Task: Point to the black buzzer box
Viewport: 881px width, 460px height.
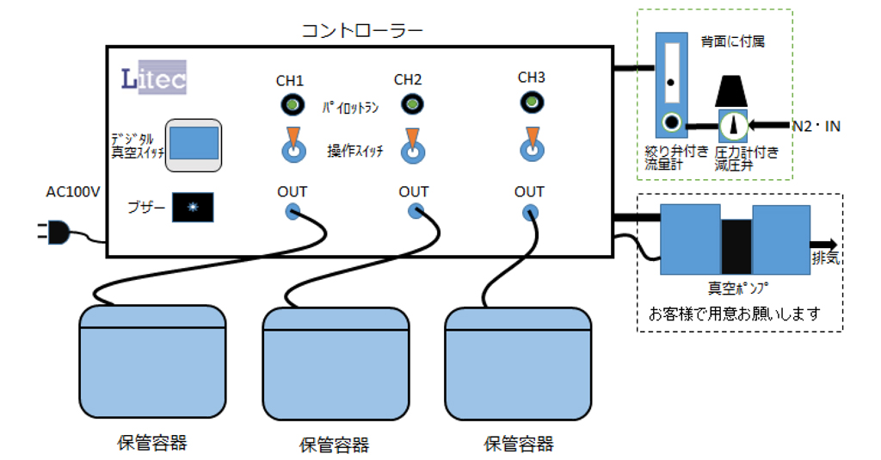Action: [193, 207]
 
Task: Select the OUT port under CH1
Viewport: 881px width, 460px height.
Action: [293, 211]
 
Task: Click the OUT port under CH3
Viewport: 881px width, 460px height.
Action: [532, 211]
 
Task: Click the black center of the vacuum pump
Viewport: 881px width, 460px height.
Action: [736, 243]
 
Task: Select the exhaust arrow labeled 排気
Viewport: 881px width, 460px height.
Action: [823, 245]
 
